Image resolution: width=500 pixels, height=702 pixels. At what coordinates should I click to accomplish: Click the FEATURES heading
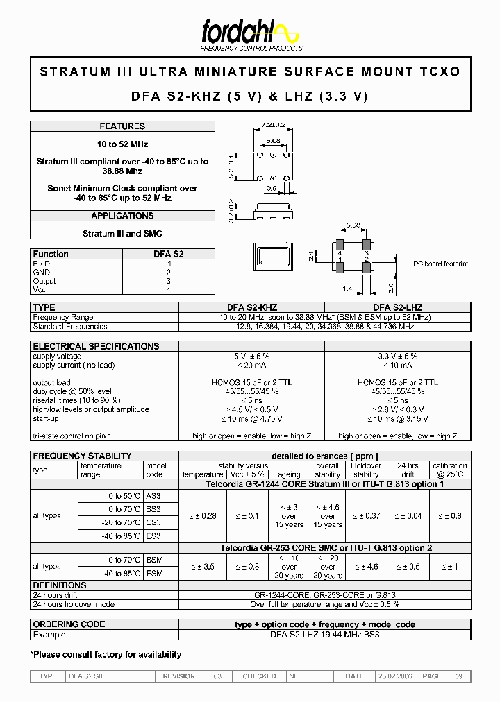[x=122, y=126]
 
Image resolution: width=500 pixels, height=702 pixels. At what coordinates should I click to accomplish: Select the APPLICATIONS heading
[x=122, y=216]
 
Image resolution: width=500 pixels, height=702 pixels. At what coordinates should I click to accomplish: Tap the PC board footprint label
[x=440, y=264]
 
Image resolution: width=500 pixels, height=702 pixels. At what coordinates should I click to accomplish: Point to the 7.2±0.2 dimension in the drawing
[x=274, y=125]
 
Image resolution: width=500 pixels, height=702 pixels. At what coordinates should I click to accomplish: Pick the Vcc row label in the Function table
[x=40, y=289]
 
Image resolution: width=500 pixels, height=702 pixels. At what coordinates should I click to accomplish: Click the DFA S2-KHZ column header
[x=251, y=307]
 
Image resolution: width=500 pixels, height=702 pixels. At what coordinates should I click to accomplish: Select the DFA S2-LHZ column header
[x=397, y=307]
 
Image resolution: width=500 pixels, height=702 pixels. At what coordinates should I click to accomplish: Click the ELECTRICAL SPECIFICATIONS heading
[x=96, y=346]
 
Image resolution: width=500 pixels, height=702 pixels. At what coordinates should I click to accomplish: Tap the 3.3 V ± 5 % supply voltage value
[x=397, y=356]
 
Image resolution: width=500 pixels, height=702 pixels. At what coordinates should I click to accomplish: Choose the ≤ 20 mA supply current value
[x=251, y=365]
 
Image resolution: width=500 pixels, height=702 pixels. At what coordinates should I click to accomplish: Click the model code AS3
[x=153, y=496]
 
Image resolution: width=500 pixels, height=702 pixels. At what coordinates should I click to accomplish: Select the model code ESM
[x=154, y=574]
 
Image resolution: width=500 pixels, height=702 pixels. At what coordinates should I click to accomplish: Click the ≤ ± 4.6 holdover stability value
[x=366, y=567]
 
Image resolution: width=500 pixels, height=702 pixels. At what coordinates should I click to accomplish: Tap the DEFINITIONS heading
[x=60, y=585]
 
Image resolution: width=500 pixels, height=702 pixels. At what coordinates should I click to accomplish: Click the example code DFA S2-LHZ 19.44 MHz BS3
[x=325, y=634]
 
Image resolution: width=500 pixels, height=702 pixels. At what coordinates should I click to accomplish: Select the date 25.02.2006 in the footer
[x=394, y=676]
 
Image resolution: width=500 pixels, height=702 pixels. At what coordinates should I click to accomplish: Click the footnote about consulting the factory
[x=106, y=654]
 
